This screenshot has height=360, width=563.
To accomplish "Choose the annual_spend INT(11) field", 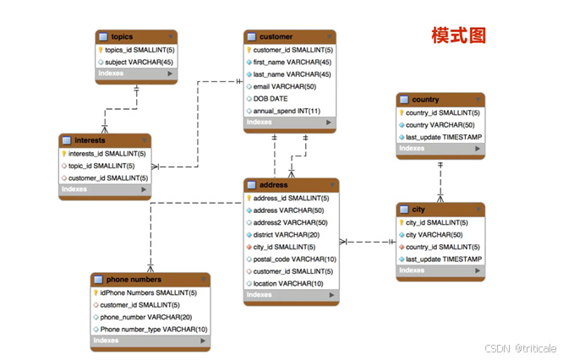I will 287,111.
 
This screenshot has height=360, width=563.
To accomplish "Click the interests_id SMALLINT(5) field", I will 107,154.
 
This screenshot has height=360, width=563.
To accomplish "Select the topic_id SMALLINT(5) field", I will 102,166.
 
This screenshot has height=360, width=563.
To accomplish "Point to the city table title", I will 418,209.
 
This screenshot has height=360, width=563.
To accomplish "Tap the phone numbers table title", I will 134,280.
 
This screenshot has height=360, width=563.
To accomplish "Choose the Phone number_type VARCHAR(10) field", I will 154,329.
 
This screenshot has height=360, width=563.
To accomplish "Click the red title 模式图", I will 458,35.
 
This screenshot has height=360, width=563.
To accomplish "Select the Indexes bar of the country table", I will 440,149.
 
